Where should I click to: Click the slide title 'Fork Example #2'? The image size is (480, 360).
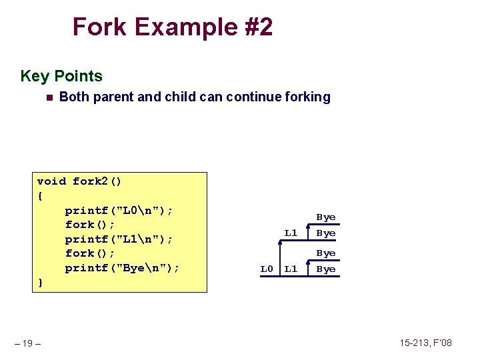point(172,27)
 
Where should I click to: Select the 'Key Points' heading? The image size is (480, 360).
point(61,76)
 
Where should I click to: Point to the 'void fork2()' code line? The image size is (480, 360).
point(79,181)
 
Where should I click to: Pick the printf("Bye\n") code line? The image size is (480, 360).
point(122,268)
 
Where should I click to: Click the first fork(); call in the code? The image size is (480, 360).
point(90,225)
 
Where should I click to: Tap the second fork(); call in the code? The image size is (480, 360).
point(90,253)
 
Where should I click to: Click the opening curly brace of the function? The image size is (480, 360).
point(41,196)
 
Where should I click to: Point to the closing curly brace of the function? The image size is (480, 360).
point(41,283)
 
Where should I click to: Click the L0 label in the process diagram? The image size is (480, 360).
point(267,269)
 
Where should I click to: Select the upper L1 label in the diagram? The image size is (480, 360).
point(291,233)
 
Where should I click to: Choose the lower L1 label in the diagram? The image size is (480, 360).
point(291,269)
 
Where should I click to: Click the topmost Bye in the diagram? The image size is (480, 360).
point(326,217)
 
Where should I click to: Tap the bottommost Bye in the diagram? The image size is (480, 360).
point(326,269)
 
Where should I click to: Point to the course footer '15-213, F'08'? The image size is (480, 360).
point(425,343)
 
